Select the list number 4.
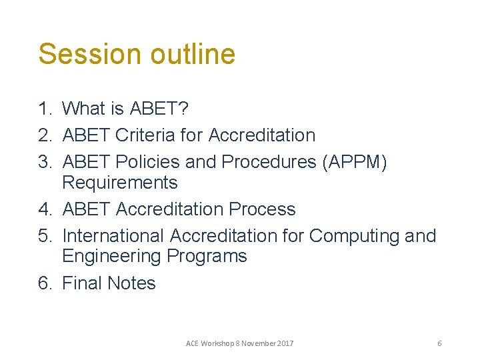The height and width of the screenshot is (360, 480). point(45,209)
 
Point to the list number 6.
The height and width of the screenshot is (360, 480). point(45,283)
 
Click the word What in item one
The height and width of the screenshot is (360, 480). point(86,108)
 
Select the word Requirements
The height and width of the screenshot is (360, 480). point(120,183)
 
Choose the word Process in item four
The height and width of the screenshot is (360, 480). point(262,209)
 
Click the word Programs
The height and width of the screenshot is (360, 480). point(207,257)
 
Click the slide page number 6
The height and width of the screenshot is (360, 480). point(439,343)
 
